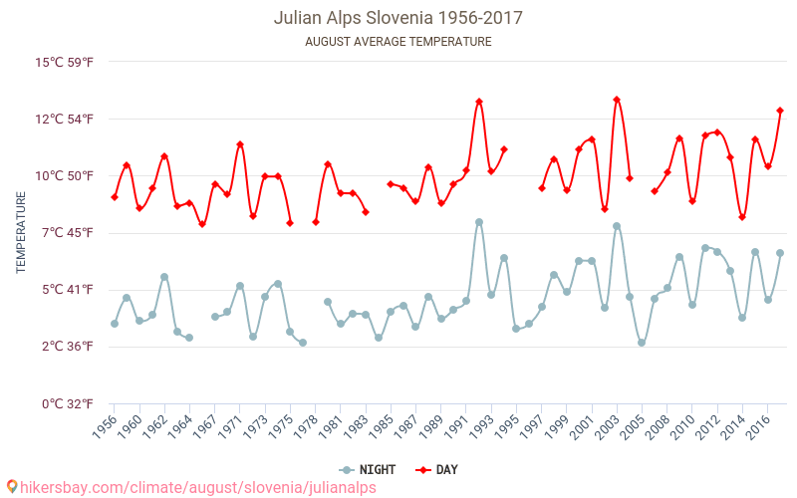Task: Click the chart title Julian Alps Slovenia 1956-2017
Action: (x=398, y=18)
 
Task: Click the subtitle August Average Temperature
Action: (x=398, y=42)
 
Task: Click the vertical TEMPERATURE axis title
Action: (x=21, y=233)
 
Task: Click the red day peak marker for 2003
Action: (x=617, y=100)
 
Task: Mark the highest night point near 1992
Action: (x=479, y=222)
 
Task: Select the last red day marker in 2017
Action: (x=780, y=111)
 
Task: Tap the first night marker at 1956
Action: (x=115, y=324)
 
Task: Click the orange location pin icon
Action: (x=11, y=487)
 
